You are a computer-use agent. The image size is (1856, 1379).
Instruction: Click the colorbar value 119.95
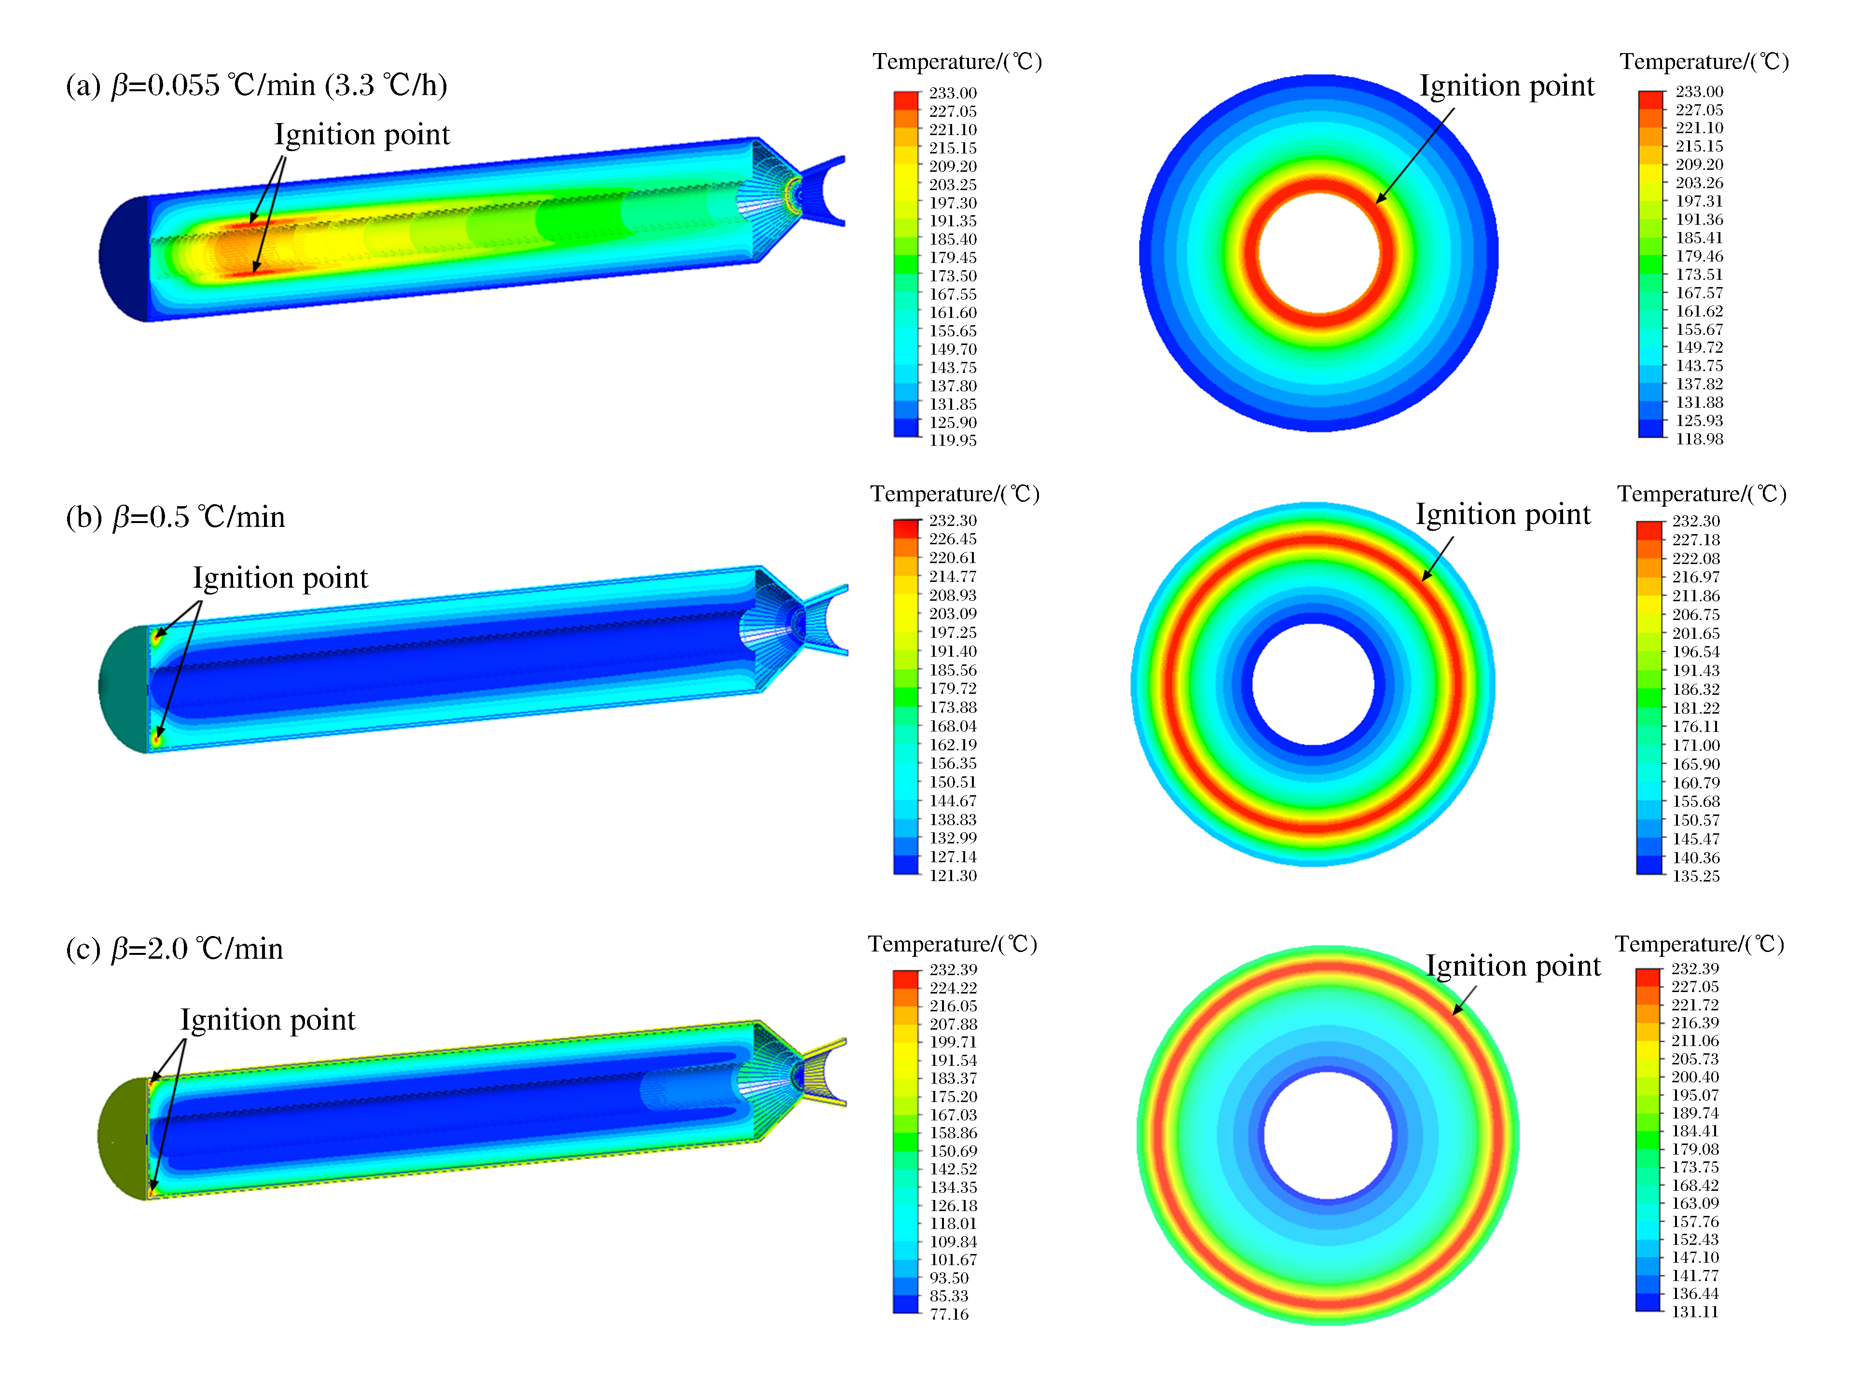point(953,440)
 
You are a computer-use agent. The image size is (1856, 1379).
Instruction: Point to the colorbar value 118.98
point(1699,438)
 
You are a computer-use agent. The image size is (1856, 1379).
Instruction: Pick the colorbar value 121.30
point(953,875)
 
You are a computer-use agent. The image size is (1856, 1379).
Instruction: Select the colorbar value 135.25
point(1696,876)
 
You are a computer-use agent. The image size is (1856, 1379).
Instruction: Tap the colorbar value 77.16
point(949,1314)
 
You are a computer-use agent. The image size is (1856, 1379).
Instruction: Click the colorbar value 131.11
point(1695,1311)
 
